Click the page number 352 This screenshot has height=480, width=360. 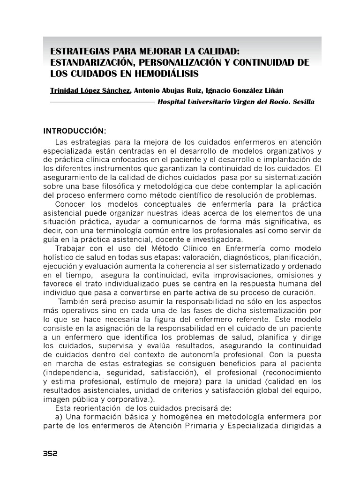[50, 454]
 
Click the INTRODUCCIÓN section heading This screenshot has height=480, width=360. [75, 130]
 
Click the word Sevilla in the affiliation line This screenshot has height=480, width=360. [303, 102]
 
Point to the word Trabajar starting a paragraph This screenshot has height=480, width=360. [70, 248]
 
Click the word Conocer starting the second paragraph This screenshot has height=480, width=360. [69, 204]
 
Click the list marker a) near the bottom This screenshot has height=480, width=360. [59, 417]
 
